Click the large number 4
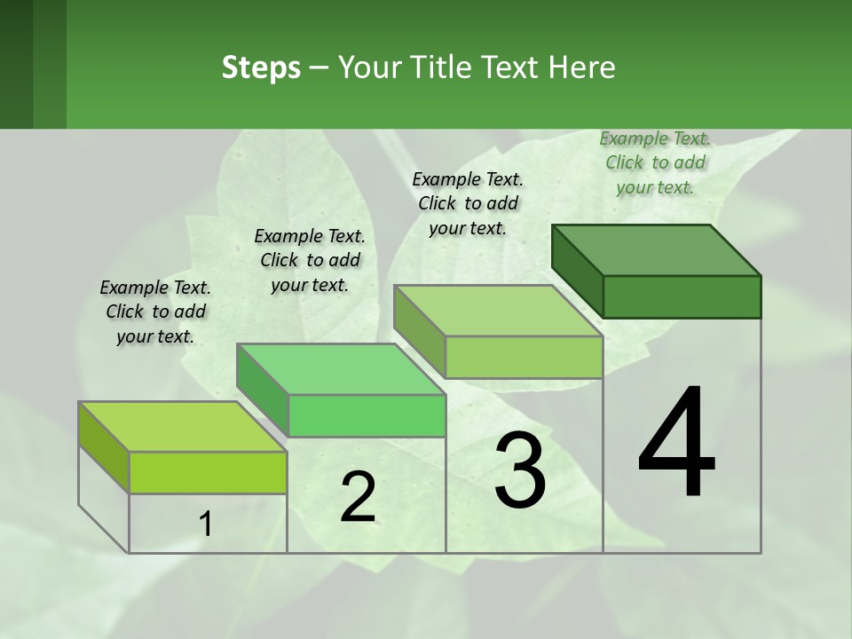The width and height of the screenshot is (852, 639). tap(676, 444)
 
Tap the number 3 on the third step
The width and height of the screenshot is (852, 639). tap(520, 470)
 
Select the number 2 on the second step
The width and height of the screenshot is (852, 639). tap(358, 497)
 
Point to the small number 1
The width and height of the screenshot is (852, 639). tap(206, 525)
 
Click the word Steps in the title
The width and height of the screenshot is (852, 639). tap(261, 67)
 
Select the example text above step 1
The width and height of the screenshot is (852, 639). tap(155, 312)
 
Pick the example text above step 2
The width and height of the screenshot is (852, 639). tap(310, 260)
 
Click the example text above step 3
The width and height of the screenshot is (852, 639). tap(468, 203)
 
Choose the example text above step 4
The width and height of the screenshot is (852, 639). tap(655, 162)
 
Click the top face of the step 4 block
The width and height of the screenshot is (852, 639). tap(657, 249)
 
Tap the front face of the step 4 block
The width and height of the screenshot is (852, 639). tap(682, 296)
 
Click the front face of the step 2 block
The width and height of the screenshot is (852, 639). tap(367, 415)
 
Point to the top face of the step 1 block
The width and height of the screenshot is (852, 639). tap(183, 427)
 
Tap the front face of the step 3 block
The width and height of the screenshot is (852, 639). tap(524, 357)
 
